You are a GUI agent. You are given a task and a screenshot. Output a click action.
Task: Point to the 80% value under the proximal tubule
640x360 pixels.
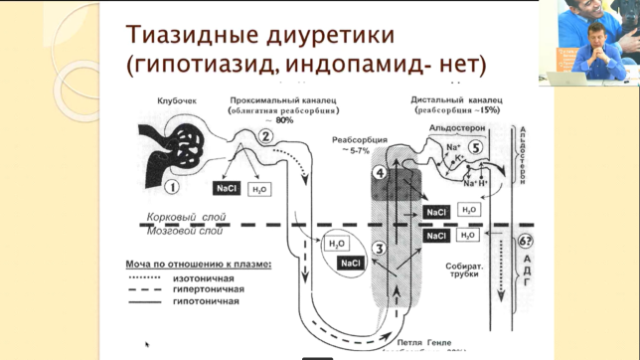click(284, 120)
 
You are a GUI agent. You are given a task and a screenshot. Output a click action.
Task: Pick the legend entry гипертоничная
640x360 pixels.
click(214, 289)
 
